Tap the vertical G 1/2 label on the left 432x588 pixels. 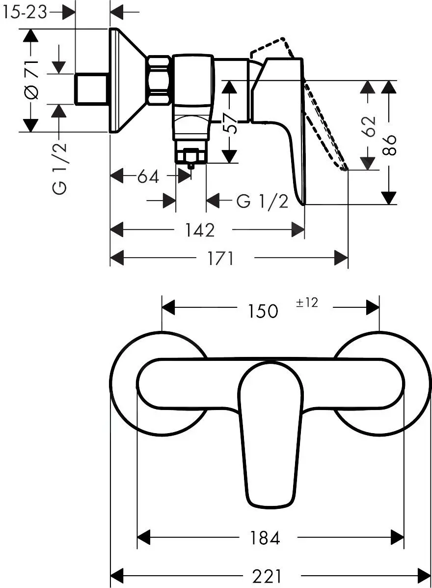click(60, 167)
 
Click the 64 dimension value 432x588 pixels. click(148, 176)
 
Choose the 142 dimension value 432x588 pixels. click(200, 230)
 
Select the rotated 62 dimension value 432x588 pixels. click(369, 126)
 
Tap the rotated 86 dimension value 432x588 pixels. click(389, 145)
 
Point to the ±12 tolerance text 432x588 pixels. click(307, 303)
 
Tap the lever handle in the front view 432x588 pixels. click(269, 433)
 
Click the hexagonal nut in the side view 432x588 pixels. click(159, 80)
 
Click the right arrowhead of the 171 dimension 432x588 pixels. click(341, 258)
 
